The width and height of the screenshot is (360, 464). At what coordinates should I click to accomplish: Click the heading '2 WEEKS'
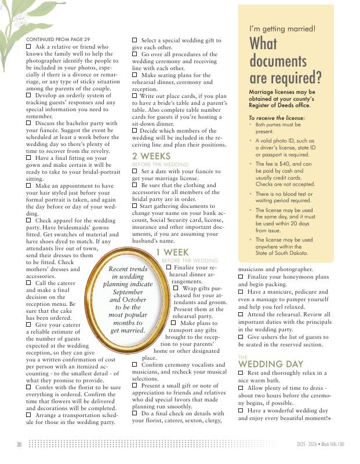click(151, 156)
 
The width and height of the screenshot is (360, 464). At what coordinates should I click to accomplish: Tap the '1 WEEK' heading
click(172, 253)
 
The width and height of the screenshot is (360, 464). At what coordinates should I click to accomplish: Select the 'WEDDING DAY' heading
click(271, 364)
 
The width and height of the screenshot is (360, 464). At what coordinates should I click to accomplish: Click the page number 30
click(19, 444)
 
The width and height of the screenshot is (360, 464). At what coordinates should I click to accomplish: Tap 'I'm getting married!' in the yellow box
click(282, 28)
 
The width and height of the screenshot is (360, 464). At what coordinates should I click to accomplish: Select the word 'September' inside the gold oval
click(127, 293)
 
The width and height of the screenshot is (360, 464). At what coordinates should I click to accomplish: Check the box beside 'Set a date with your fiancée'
click(135, 172)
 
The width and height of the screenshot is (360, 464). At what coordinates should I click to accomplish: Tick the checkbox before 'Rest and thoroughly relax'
click(241, 374)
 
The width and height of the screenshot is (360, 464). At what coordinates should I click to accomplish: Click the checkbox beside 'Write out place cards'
click(135, 96)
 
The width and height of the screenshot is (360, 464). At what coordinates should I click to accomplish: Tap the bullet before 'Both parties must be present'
click(250, 125)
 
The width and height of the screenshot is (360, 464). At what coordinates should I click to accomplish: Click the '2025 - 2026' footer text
click(304, 444)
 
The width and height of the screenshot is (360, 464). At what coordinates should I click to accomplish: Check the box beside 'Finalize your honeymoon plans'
click(241, 277)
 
